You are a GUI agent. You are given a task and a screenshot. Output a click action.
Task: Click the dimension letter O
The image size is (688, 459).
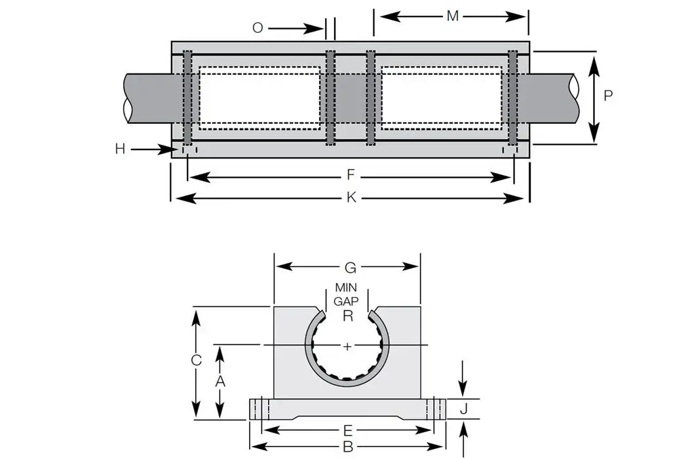tap(258, 28)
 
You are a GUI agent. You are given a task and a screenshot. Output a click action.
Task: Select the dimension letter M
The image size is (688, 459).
tap(452, 16)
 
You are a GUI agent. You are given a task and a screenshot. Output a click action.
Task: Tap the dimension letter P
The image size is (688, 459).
tap(608, 96)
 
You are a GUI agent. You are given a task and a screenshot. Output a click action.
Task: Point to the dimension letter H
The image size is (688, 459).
tap(120, 150)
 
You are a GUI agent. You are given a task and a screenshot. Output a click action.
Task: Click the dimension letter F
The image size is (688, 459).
tap(351, 175)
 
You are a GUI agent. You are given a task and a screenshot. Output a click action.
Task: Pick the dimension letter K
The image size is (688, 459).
tap(351, 197)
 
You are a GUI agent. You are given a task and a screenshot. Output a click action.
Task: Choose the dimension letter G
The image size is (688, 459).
tap(350, 267)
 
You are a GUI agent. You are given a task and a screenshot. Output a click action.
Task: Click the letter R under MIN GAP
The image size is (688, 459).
tap(348, 315)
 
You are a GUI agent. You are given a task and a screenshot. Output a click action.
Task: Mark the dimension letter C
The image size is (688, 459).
tap(196, 360)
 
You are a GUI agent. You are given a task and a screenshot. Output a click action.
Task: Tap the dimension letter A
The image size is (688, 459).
tap(221, 380)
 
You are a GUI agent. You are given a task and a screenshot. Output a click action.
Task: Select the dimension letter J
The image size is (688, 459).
tap(463, 409)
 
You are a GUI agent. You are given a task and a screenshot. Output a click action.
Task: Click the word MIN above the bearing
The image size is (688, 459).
tap(346, 287)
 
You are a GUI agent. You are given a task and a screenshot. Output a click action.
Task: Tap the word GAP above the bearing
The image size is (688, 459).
tap(346, 301)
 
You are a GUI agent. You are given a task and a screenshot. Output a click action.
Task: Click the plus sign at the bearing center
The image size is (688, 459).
tap(347, 346)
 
